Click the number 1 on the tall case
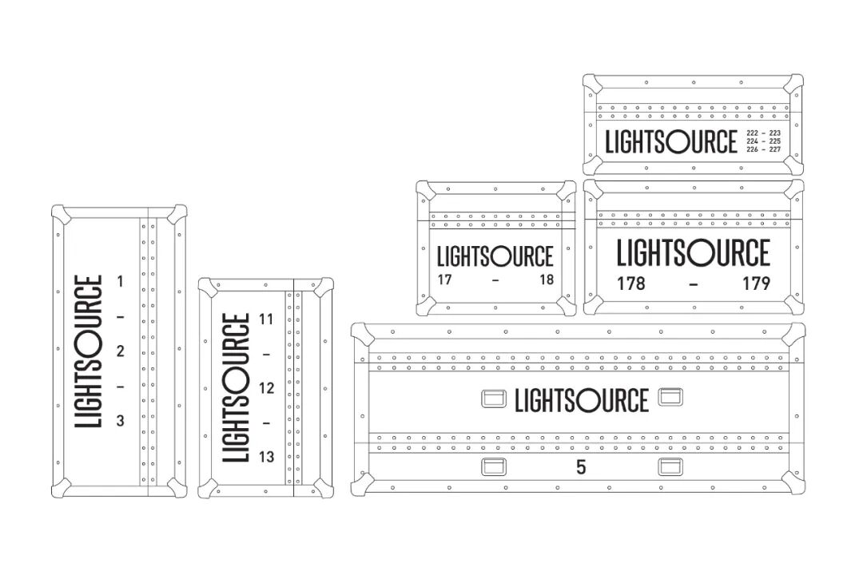pyautogui.click(x=121, y=281)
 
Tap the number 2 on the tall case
pyautogui.click(x=121, y=351)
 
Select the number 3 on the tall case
pyautogui.click(x=121, y=421)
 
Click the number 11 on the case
pyautogui.click(x=267, y=319)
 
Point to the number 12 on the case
pyautogui.click(x=267, y=388)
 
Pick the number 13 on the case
pyautogui.click(x=267, y=457)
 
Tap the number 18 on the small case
pyautogui.click(x=546, y=280)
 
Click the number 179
pyautogui.click(x=755, y=284)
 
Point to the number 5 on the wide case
pyautogui.click(x=581, y=468)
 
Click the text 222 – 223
pyautogui.click(x=763, y=133)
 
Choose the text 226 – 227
pyautogui.click(x=763, y=149)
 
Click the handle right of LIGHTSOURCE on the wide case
pyautogui.click(x=670, y=397)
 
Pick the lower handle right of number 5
pyautogui.click(x=670, y=468)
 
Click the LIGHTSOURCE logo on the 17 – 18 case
pyautogui.click(x=495, y=256)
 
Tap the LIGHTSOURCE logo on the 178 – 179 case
pyautogui.click(x=694, y=253)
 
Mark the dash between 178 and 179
pyautogui.click(x=694, y=284)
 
